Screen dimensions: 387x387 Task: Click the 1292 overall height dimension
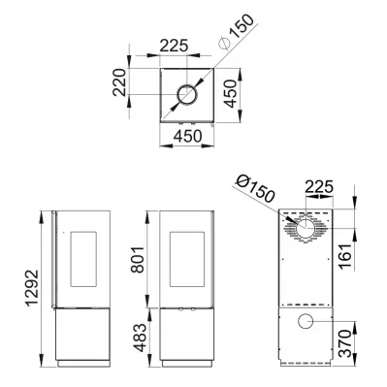point(32,288)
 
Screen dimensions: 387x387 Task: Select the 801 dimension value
point(137,260)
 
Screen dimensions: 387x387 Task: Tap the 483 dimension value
point(140,338)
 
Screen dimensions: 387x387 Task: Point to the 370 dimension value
point(344,343)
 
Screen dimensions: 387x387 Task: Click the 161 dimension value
point(344,256)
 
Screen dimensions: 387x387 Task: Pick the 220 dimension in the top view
point(119,82)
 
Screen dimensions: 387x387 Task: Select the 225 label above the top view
point(174,46)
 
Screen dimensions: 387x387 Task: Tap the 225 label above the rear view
point(319,186)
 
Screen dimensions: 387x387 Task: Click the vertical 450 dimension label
point(231,94)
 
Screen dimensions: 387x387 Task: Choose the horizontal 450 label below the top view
point(187,137)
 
